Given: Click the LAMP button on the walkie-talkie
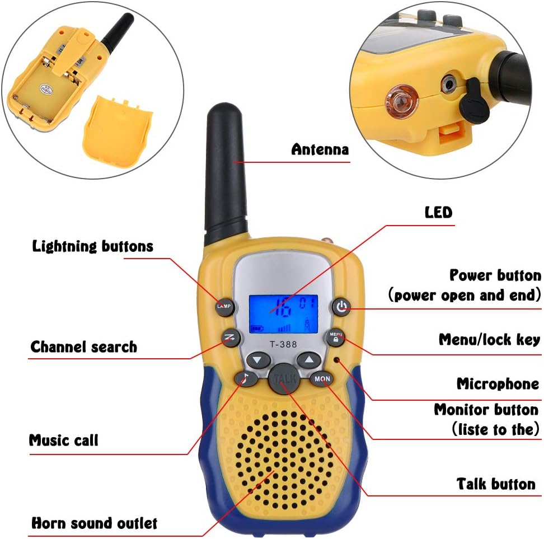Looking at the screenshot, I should click(x=224, y=306).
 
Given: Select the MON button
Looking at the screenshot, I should click(x=322, y=379).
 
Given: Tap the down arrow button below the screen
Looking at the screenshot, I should click(x=257, y=360).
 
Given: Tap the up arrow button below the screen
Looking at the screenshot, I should click(x=307, y=360).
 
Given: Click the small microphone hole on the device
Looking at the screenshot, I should click(x=337, y=359).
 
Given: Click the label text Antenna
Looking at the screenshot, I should click(x=320, y=149).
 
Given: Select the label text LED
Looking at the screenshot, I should click(x=438, y=212).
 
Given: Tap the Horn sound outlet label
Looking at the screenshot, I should click(x=94, y=523).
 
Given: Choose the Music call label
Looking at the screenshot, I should click(x=63, y=440).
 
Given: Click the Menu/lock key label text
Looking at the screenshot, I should click(x=489, y=339).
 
